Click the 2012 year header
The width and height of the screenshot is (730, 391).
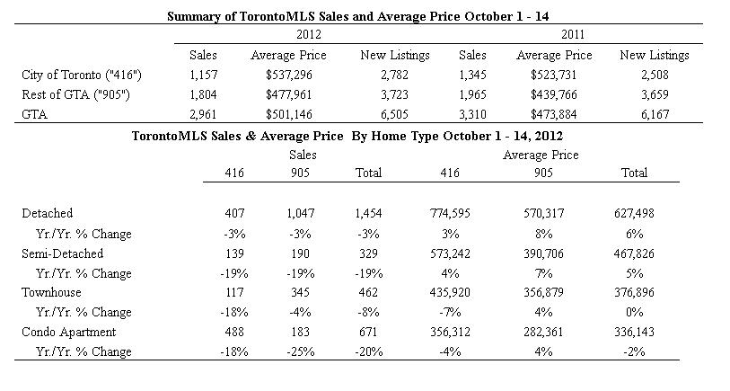pyautogui.click(x=308, y=34)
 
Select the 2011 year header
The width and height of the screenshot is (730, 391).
pyautogui.click(x=573, y=34)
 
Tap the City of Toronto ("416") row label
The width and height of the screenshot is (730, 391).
pyautogui.click(x=82, y=75)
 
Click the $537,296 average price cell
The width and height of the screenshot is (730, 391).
pyautogui.click(x=288, y=75)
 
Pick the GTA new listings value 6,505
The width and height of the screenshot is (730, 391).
pyautogui.click(x=394, y=115)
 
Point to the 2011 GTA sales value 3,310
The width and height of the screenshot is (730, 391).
pyautogui.click(x=472, y=115)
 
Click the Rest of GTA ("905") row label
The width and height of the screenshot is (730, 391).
pyautogui.click(x=76, y=94)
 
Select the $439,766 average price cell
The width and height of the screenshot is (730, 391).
pyautogui.click(x=553, y=94)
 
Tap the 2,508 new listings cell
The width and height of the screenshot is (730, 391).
pyautogui.click(x=655, y=75)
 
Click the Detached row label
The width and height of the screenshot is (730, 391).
pyautogui.click(x=47, y=213)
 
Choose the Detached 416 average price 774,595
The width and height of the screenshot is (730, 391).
pyautogui.click(x=450, y=213)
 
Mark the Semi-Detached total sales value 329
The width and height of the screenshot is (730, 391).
pyautogui.click(x=368, y=254)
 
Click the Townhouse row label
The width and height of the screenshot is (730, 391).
pyautogui.click(x=51, y=293)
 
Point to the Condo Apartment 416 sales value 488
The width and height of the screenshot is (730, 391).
pyautogui.click(x=234, y=333)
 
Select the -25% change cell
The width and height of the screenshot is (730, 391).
pyautogui.click(x=300, y=351)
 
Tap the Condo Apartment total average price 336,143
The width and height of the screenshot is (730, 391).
pyautogui.click(x=634, y=333)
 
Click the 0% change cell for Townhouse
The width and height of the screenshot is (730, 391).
pyautogui.click(x=634, y=312)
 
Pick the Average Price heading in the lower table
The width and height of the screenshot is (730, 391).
pyautogui.click(x=541, y=156)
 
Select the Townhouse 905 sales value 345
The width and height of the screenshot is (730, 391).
pyautogui.click(x=300, y=293)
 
